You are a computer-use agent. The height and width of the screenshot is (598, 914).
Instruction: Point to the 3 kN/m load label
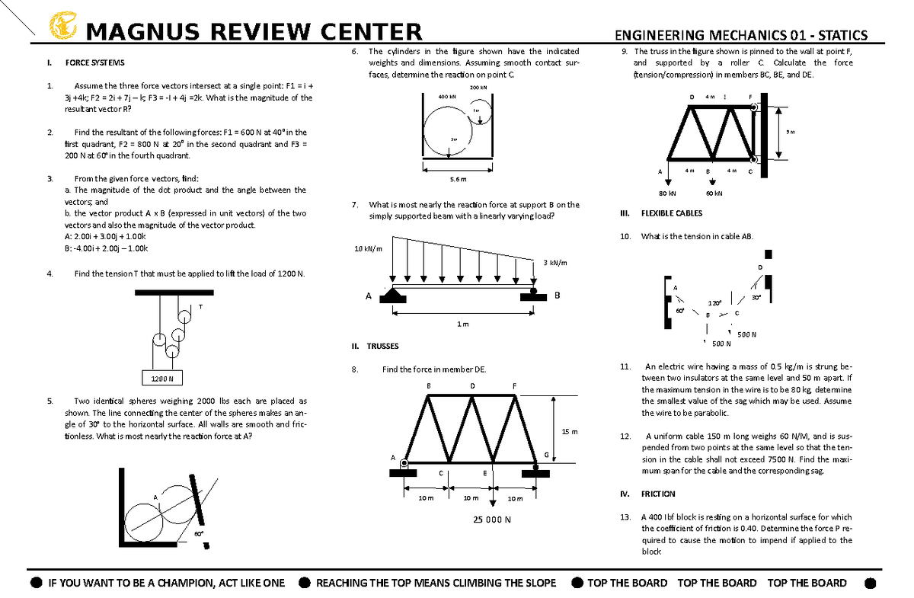pyautogui.click(x=555, y=263)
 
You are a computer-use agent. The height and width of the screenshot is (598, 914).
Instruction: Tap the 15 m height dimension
pyautogui.click(x=570, y=432)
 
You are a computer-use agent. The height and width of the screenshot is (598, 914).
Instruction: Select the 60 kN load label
pyautogui.click(x=714, y=193)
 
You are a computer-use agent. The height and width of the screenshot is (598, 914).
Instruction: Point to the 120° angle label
pyautogui.click(x=714, y=302)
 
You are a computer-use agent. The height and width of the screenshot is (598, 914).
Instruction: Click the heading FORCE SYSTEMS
pyautogui.click(x=94, y=62)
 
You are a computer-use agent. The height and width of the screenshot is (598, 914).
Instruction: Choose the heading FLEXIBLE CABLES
pyautogui.click(x=672, y=214)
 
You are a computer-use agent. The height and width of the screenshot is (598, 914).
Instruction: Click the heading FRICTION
pyautogui.click(x=658, y=494)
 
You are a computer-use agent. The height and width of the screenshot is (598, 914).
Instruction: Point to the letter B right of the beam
pyautogui.click(x=557, y=296)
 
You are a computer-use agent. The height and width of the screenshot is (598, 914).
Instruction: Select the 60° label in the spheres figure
pyautogui.click(x=197, y=534)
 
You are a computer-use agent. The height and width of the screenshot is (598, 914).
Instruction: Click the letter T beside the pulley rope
pyautogui.click(x=200, y=307)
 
